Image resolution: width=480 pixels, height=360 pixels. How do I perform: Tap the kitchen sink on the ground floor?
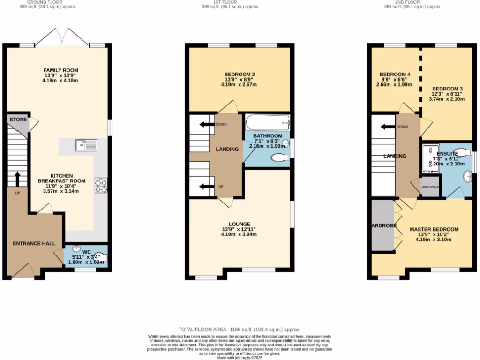pyautogui.click(x=86, y=145)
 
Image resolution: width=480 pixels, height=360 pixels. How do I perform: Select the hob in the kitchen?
pyautogui.click(x=101, y=186)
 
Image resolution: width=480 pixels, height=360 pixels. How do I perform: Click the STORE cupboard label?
pyautogui.click(x=18, y=120)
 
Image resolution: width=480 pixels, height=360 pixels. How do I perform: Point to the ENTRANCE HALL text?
pyautogui.click(x=34, y=244)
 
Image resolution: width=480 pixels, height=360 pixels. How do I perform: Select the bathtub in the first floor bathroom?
pyautogui.click(x=268, y=123)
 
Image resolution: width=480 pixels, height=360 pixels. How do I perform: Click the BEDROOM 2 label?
pyautogui.click(x=240, y=74)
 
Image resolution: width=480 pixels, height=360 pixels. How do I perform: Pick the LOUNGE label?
pyautogui.click(x=239, y=224)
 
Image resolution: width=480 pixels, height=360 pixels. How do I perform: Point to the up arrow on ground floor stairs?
pyautogui.click(x=17, y=179)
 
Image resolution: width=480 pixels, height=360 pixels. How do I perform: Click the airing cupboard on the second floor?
pyautogui.click(x=430, y=187)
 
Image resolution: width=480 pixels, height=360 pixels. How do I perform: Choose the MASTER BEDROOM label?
pyautogui.click(x=434, y=229)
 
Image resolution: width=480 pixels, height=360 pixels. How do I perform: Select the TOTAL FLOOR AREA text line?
pyautogui.click(x=240, y=330)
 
